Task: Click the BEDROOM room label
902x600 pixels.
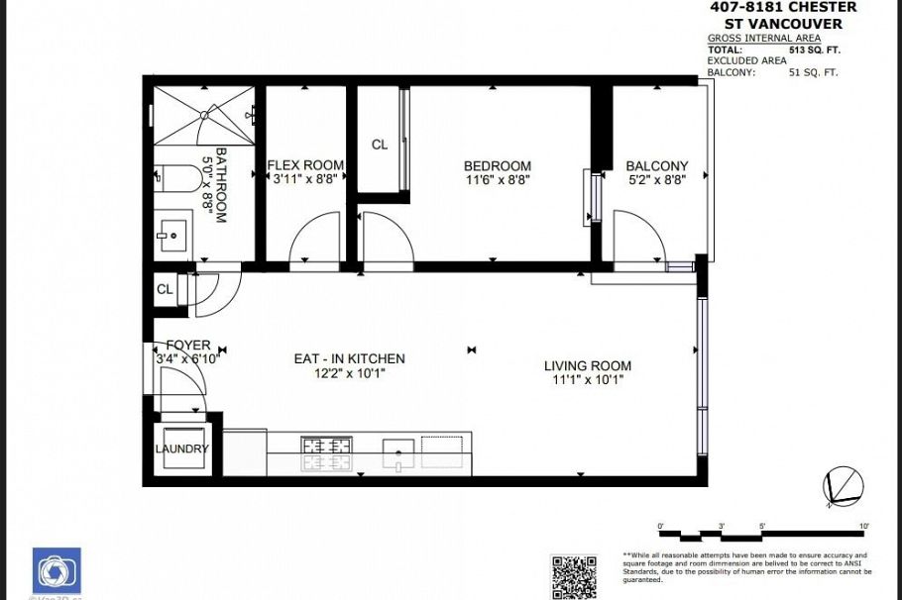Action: click(x=498, y=165)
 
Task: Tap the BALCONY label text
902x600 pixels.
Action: click(x=656, y=165)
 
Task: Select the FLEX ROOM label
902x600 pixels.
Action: click(x=306, y=165)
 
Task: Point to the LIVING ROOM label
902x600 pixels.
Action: click(x=587, y=365)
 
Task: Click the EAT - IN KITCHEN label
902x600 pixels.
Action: click(x=349, y=358)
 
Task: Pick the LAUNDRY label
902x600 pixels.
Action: click(x=182, y=449)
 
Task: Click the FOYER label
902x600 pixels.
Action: click(x=187, y=345)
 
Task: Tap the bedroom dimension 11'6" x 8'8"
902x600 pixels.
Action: click(x=498, y=180)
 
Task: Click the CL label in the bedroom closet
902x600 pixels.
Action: click(x=379, y=145)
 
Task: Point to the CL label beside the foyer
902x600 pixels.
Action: click(x=165, y=290)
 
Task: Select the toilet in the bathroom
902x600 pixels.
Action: click(x=177, y=179)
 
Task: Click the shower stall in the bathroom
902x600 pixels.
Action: click(x=203, y=115)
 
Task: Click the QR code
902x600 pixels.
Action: click(x=575, y=576)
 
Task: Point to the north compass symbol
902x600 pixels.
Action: click(x=843, y=486)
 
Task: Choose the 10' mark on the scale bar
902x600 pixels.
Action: click(x=864, y=526)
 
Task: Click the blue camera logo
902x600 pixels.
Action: click(x=56, y=571)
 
